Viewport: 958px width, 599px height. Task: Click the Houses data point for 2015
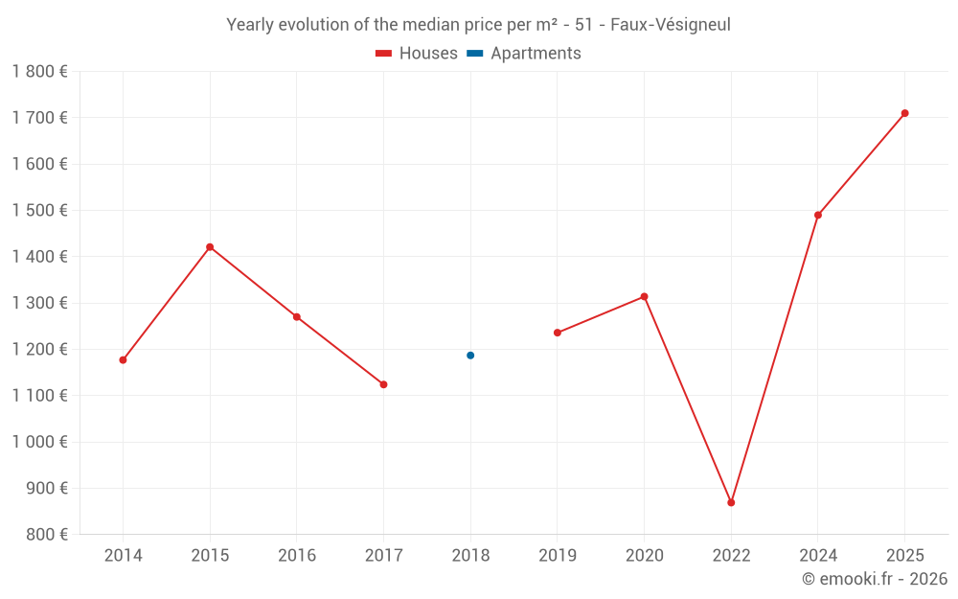pos(210,247)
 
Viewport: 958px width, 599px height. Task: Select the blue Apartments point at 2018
pos(470,356)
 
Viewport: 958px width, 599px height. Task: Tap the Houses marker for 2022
pos(731,502)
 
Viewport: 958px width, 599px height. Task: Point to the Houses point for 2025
pos(904,113)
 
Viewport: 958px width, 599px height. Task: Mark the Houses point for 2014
pos(123,360)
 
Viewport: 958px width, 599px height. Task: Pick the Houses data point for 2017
pos(383,384)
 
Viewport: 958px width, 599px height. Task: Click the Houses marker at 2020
pos(644,297)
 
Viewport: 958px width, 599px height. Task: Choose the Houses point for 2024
pos(818,215)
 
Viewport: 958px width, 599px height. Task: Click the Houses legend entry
pos(417,54)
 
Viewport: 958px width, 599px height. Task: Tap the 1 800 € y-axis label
pos(40,71)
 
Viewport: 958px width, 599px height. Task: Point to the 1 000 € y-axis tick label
pos(40,442)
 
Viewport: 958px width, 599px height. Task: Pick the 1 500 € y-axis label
pos(40,210)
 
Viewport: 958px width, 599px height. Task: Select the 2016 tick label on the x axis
pos(297,555)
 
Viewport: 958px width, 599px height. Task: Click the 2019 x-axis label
pos(558,555)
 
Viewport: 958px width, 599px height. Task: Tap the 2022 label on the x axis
pos(731,555)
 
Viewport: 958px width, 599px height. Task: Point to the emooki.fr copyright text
pos(875,579)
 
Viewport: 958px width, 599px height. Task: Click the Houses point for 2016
pos(297,317)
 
